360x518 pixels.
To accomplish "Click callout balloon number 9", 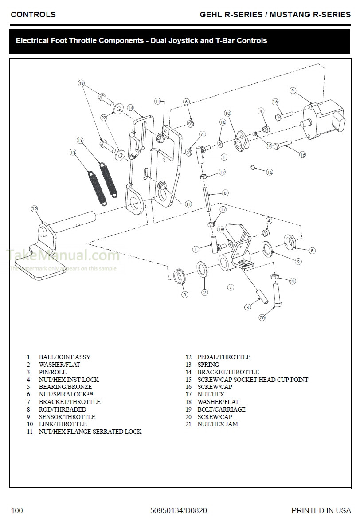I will [x=293, y=90].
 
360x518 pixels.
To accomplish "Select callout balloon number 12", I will [x=34, y=208].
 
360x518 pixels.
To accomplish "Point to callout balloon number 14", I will [x=130, y=108].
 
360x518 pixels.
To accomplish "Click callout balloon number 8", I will [x=225, y=193].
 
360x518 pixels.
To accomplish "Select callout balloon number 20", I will [x=262, y=318].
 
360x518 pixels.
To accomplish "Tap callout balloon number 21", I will [x=292, y=281].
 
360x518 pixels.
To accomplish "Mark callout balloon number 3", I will [x=248, y=307].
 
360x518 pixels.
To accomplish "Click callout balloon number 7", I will [x=231, y=287].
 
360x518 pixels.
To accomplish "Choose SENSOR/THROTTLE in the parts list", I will [x=67, y=417].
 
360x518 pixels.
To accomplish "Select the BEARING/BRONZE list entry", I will [x=65, y=387].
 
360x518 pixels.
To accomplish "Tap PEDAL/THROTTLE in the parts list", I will [x=223, y=357].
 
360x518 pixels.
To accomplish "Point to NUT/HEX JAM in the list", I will [x=217, y=424].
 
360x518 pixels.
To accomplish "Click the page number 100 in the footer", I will [x=17, y=510].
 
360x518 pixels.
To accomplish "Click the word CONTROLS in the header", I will [x=33, y=15].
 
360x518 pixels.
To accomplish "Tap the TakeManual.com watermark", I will [x=62, y=256].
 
